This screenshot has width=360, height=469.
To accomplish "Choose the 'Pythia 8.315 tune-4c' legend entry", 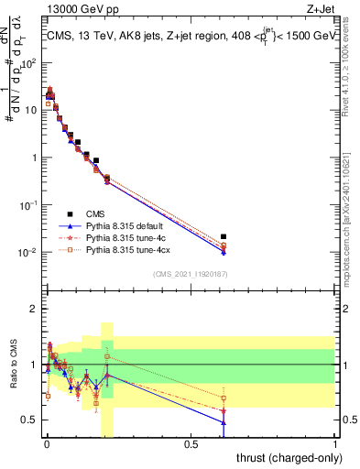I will (125, 236).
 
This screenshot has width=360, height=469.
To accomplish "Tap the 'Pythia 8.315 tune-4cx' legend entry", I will (127, 249).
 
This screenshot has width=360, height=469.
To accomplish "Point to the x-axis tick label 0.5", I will (191, 444).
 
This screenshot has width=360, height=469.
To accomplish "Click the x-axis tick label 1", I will (335, 444).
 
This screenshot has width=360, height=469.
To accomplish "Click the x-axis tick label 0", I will (47, 444).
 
